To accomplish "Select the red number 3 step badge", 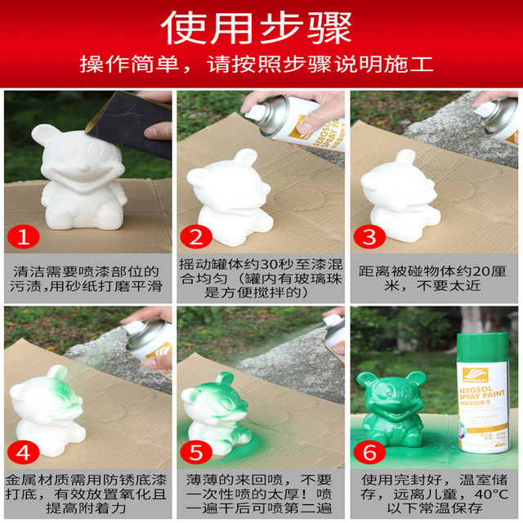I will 369,237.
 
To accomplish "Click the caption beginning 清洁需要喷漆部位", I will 87,277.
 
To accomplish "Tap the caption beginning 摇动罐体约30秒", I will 260,277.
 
